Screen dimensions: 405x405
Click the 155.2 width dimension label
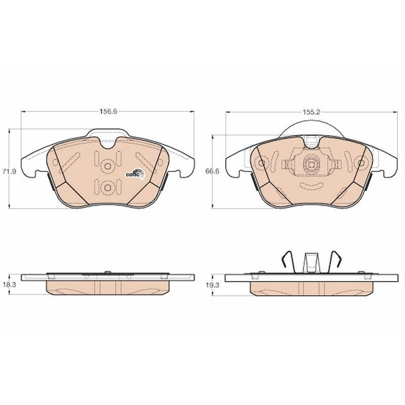point(311,112)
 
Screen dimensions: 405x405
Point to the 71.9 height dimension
point(9,172)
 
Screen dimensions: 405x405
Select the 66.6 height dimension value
point(212,171)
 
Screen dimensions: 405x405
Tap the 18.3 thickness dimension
point(9,285)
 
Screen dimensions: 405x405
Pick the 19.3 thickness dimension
point(212,285)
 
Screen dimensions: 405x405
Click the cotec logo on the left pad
point(135,174)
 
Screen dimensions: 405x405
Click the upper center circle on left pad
point(108,166)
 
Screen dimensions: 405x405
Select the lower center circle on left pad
point(108,187)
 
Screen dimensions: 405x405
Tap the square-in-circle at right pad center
point(311,165)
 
